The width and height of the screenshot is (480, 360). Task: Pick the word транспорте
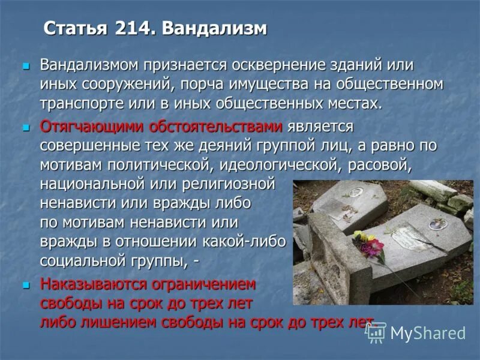[82, 103]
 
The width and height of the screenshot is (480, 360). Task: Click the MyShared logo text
[427, 333]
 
